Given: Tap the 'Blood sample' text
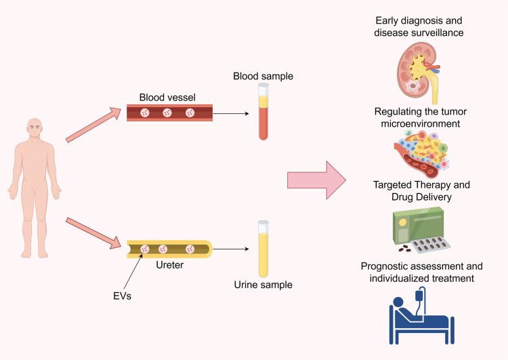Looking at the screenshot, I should (x=263, y=76).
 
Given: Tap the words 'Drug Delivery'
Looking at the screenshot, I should (x=421, y=197).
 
